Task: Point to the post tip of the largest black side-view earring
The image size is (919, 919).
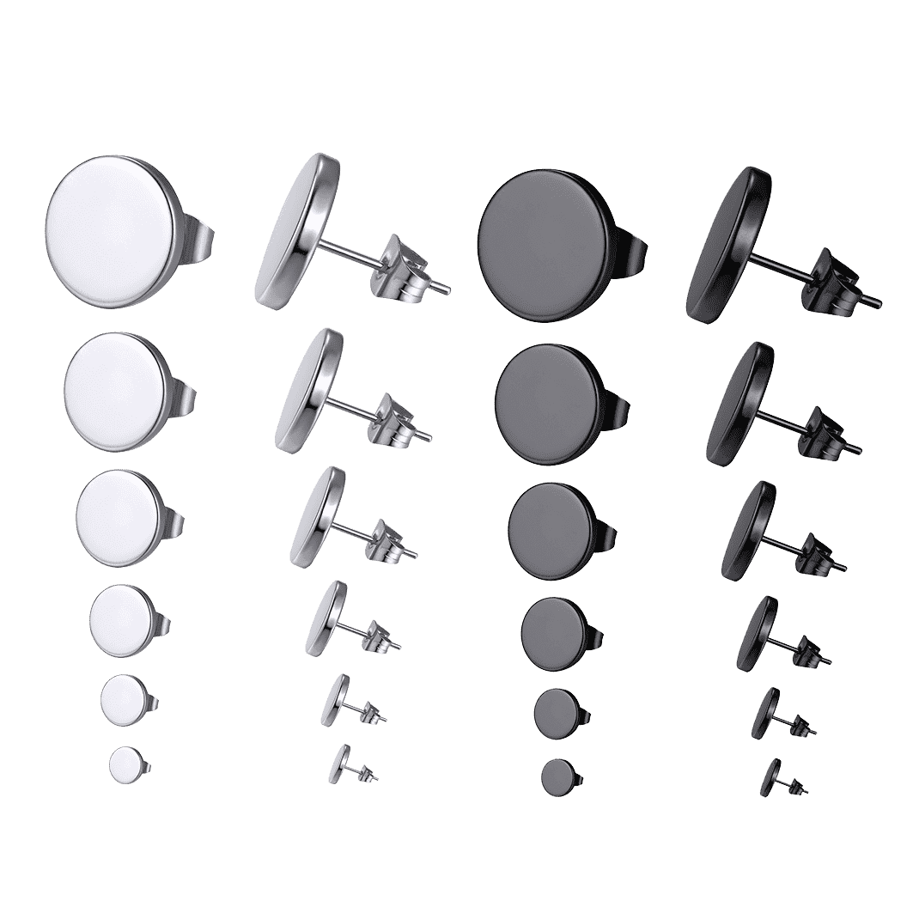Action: (877, 303)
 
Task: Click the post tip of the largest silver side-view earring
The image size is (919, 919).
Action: (447, 289)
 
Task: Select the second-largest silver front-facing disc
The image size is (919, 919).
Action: (118, 391)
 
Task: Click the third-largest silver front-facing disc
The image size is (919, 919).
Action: (119, 516)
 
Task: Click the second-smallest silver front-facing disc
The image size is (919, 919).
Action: (123, 699)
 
